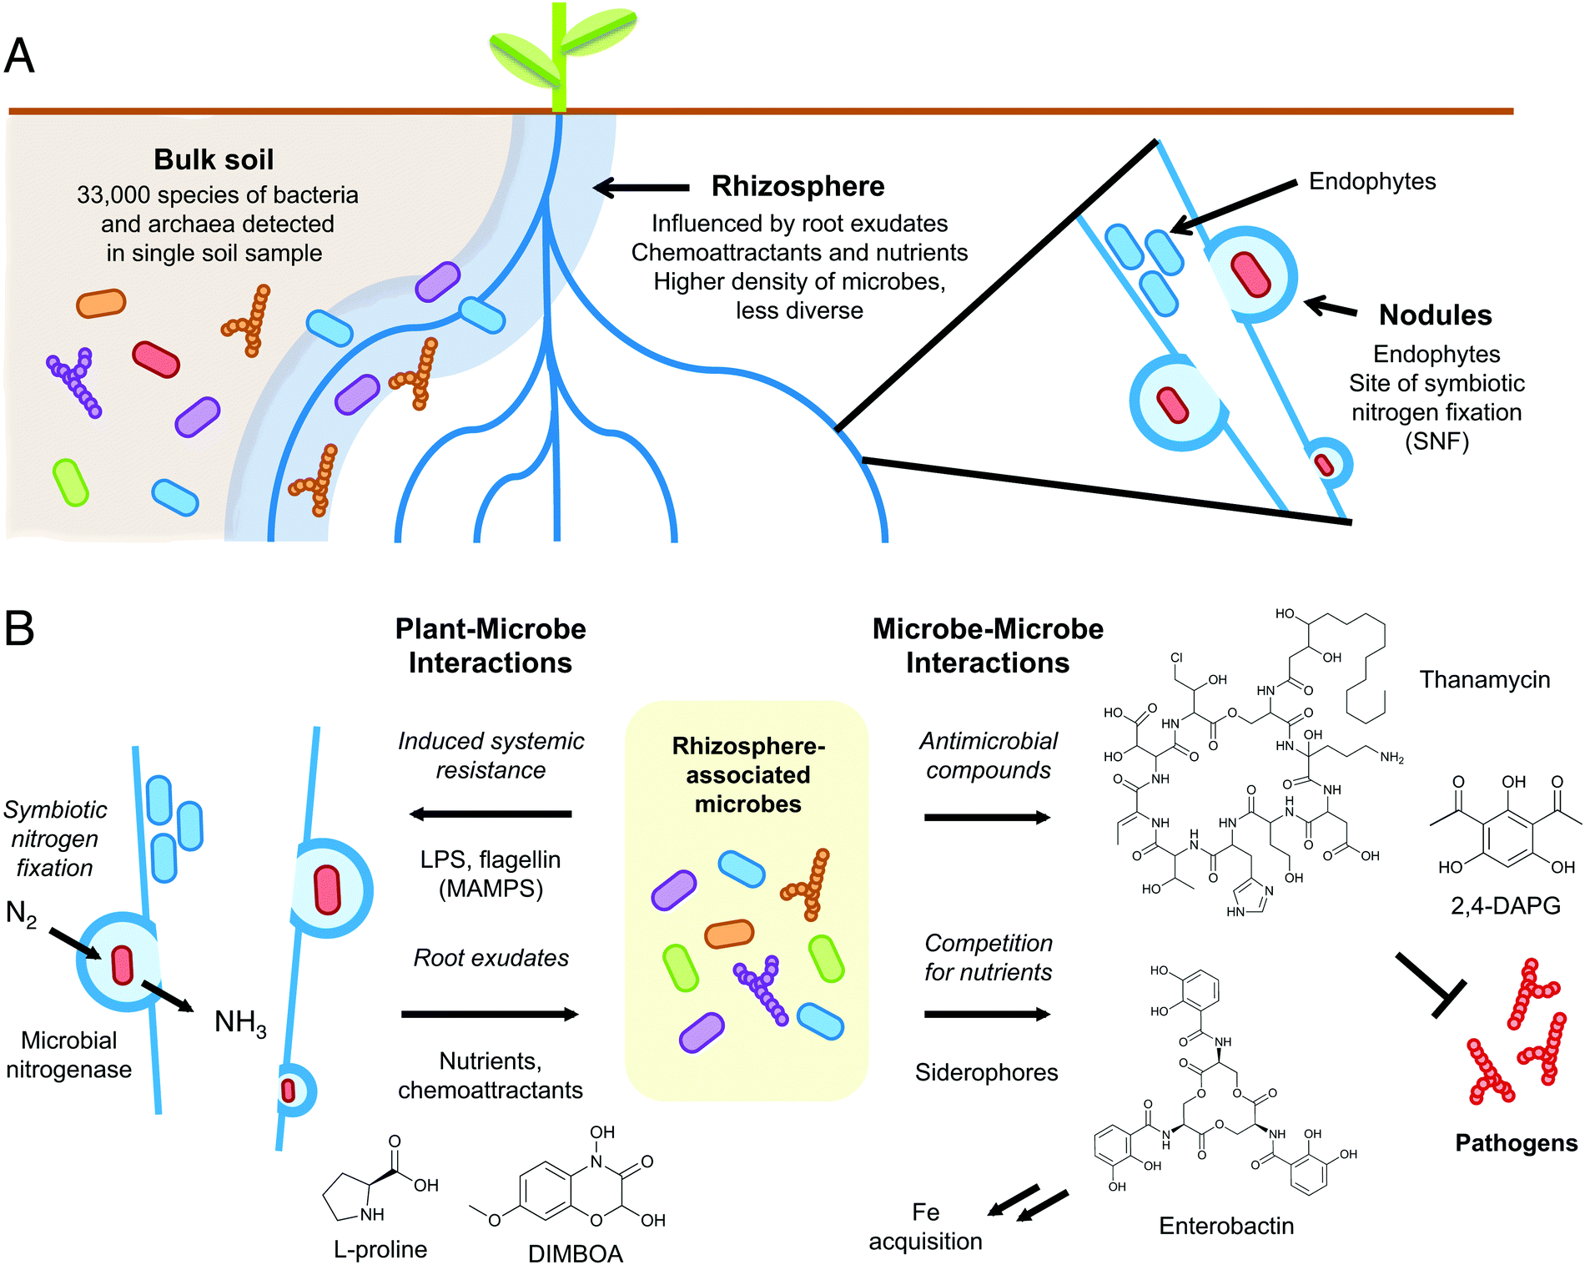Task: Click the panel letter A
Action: click(x=19, y=57)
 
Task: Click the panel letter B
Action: click(x=19, y=628)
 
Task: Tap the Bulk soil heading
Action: click(x=214, y=159)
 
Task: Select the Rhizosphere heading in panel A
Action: click(x=798, y=186)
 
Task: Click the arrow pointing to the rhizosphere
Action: click(x=641, y=188)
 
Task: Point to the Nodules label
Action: click(x=1435, y=315)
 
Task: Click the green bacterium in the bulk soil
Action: click(x=71, y=482)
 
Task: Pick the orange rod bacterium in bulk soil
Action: click(x=101, y=304)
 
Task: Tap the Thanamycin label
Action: click(x=1485, y=680)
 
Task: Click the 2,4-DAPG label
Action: click(x=1505, y=905)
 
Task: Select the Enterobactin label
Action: click(x=1226, y=1226)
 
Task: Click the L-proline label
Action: click(x=380, y=1249)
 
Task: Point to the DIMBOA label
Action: click(x=576, y=1253)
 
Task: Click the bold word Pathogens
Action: click(x=1516, y=1143)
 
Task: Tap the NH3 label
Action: click(x=240, y=1022)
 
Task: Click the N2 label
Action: click(x=21, y=914)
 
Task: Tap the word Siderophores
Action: click(x=986, y=1072)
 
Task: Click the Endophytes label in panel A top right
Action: click(x=1371, y=182)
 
